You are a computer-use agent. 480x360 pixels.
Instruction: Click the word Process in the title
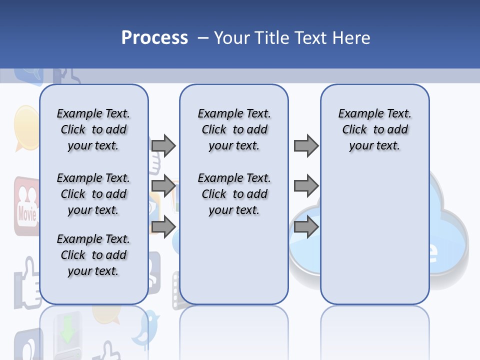tap(154, 37)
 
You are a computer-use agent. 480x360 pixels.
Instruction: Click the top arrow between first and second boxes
tap(163, 145)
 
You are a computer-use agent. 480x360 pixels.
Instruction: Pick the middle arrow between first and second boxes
tap(163, 186)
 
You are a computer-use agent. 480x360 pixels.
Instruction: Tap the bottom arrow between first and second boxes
tap(163, 226)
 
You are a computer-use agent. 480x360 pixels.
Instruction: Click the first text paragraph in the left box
tap(93, 129)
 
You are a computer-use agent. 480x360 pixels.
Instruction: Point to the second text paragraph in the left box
tap(93, 194)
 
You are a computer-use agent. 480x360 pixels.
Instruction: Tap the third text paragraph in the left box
tap(93, 255)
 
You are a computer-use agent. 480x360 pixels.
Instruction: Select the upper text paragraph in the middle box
tap(234, 129)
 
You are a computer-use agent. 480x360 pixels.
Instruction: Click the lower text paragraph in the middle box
tap(234, 194)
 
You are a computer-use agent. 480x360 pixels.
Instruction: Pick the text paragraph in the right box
tap(374, 129)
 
